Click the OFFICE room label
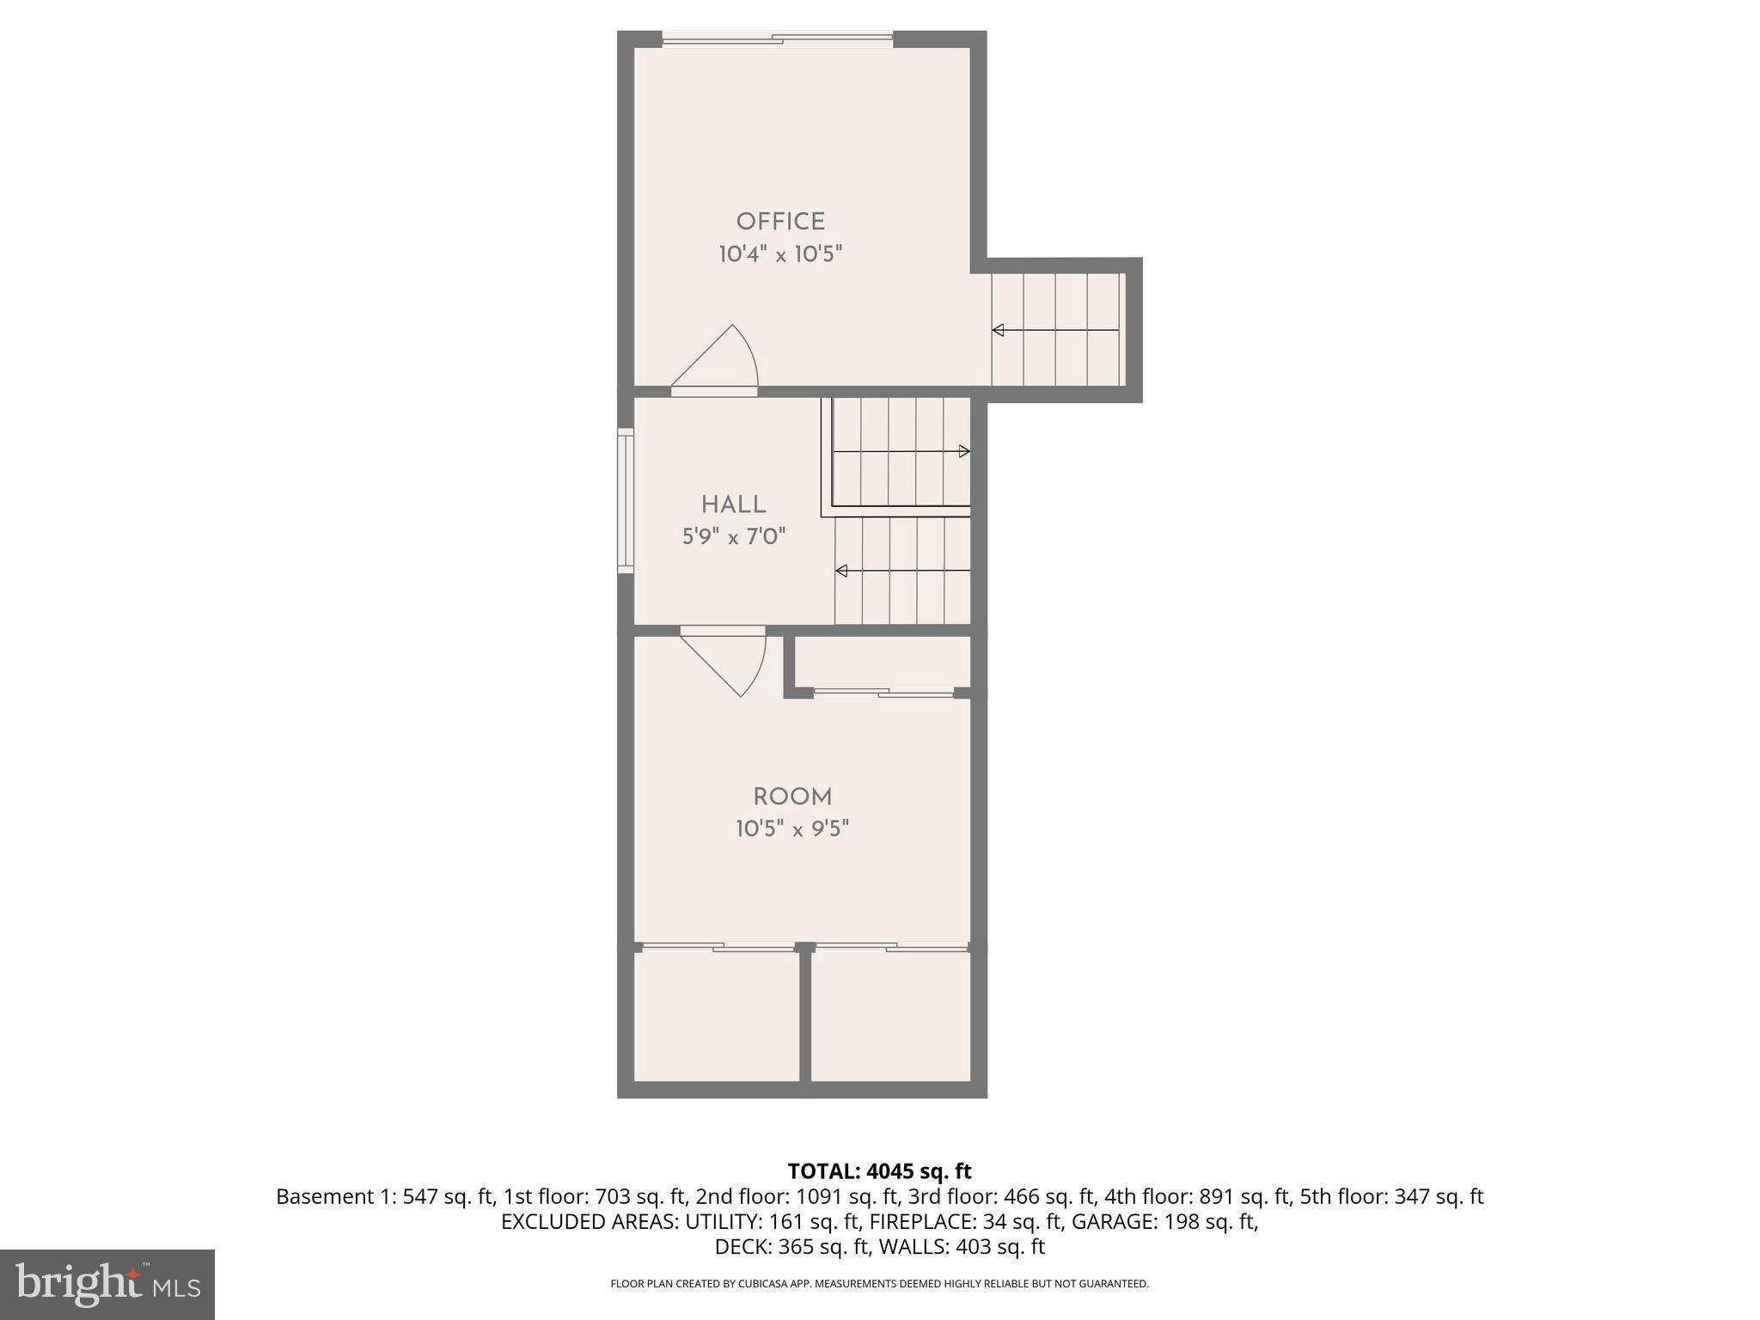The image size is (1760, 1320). pyautogui.click(x=780, y=222)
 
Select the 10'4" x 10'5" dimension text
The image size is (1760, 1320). pyautogui.click(x=780, y=254)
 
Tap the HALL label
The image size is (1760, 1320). pyautogui.click(x=733, y=504)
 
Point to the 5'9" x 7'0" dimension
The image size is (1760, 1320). pyautogui.click(x=734, y=537)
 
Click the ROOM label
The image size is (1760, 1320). pyautogui.click(x=792, y=797)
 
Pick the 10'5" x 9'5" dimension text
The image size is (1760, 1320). pyautogui.click(x=792, y=829)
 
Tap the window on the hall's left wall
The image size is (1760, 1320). pyautogui.click(x=626, y=500)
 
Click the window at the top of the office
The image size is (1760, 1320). pyautogui.click(x=778, y=39)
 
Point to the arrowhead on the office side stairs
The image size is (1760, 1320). pyautogui.click(x=998, y=330)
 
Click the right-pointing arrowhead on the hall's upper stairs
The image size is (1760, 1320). pyautogui.click(x=964, y=451)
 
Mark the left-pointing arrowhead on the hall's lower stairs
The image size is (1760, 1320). pyautogui.click(x=841, y=571)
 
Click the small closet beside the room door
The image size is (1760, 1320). pyautogui.click(x=882, y=661)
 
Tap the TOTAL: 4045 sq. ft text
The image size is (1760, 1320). pyautogui.click(x=879, y=1171)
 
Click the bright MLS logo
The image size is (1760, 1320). pyautogui.click(x=107, y=1284)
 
